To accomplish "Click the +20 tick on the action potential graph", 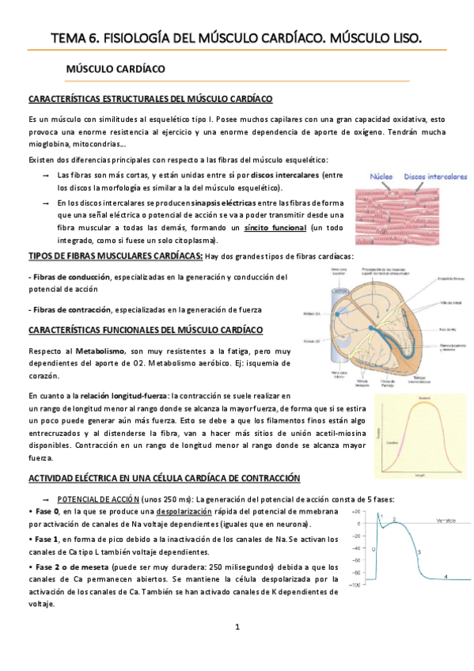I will [357, 512].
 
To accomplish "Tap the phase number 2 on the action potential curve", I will [394, 519].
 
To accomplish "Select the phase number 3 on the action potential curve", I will [419, 552].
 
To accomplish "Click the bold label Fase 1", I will [48, 538].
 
